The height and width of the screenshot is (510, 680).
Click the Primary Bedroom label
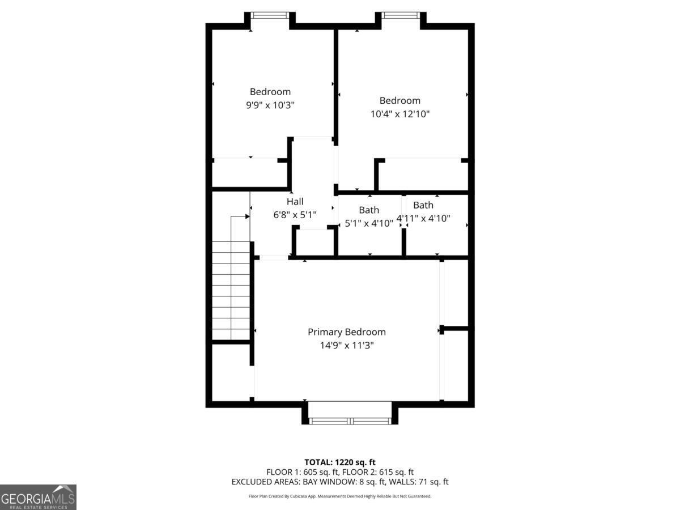tap(346, 332)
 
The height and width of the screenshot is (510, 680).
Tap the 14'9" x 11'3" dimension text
tap(346, 345)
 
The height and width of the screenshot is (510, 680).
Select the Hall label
tap(295, 202)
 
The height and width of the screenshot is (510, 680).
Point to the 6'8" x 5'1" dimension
tap(295, 215)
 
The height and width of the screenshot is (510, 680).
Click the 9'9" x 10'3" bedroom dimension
tap(270, 105)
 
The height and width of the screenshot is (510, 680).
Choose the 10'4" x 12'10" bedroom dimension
tap(400, 114)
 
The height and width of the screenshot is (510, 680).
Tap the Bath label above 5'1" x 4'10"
tap(369, 210)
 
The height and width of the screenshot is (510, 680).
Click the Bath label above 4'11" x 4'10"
tap(423, 205)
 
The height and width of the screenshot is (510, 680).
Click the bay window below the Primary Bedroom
tap(350, 420)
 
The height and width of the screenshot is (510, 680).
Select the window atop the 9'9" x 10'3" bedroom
tap(270, 15)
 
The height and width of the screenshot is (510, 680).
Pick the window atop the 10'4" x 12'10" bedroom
tap(401, 15)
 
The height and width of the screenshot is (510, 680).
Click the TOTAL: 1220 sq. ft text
tap(340, 462)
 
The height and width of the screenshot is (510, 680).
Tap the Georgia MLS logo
tap(38, 497)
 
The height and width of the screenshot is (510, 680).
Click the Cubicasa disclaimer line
tap(340, 496)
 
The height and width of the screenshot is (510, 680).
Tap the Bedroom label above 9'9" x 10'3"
tap(270, 92)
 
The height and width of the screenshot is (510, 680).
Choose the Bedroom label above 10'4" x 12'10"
tap(400, 101)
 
